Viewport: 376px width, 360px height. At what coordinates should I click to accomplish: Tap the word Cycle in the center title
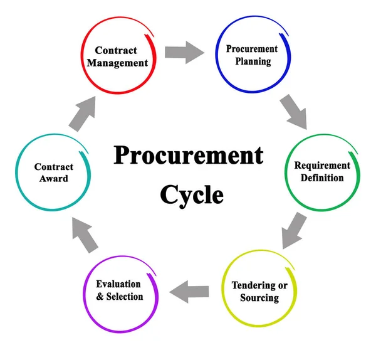pyautogui.click(x=191, y=194)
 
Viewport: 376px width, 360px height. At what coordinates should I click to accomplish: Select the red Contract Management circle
pyautogui.click(x=118, y=56)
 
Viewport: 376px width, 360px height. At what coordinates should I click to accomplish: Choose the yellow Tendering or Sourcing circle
pyautogui.click(x=259, y=290)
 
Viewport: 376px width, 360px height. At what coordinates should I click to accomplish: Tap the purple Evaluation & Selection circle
pyautogui.click(x=120, y=290)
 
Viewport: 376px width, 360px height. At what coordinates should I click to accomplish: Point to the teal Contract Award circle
pyautogui.click(x=54, y=172)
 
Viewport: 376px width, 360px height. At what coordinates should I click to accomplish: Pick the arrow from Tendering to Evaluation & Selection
pyautogui.click(x=190, y=291)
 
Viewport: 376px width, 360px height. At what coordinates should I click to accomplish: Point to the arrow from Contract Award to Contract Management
pyautogui.click(x=82, y=115)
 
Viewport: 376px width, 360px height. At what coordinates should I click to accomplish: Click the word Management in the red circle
pyautogui.click(x=118, y=63)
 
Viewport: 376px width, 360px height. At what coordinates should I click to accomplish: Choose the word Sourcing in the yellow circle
pyautogui.click(x=259, y=297)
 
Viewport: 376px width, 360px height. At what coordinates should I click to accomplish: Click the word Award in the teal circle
pyautogui.click(x=54, y=179)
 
